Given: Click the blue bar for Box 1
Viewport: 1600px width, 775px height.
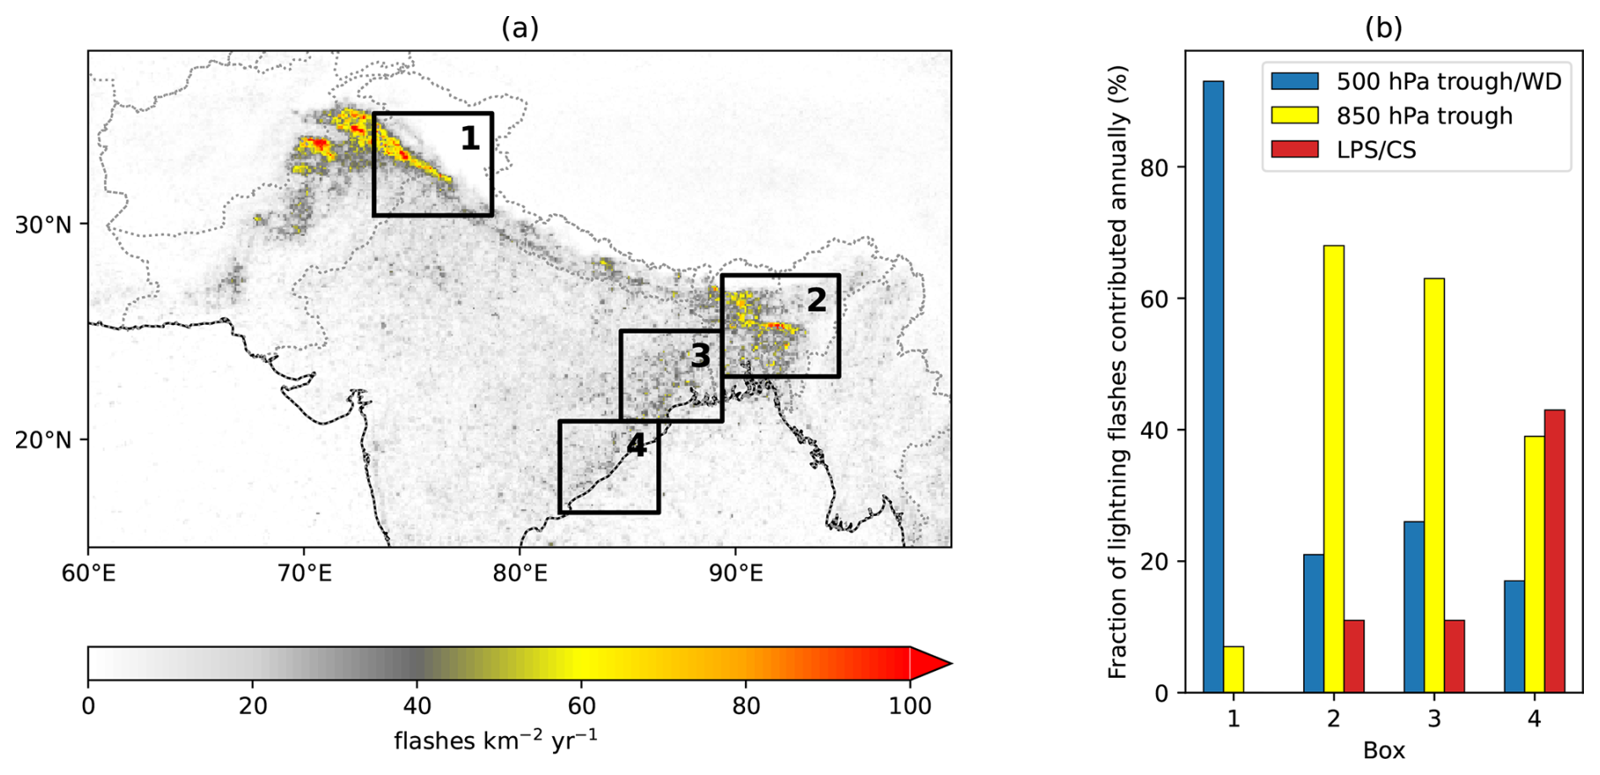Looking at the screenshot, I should [1214, 387].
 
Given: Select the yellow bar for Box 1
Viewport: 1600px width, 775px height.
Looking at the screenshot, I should [1234, 669].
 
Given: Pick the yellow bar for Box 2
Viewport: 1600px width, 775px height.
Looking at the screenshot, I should [1334, 469].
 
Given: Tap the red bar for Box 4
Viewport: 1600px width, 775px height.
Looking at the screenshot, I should [1554, 551].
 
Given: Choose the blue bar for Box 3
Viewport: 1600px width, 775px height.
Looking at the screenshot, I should [1414, 607].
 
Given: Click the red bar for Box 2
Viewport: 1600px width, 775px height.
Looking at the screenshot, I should [1354, 656].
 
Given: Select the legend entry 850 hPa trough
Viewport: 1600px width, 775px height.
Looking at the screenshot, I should [1424, 116].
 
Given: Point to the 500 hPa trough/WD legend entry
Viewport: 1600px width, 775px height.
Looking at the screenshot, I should [1448, 81].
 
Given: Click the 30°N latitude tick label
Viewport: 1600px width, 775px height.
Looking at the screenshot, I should [43, 225].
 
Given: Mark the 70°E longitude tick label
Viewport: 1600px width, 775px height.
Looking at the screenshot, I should [304, 574].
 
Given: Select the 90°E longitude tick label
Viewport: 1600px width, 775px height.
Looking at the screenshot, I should [736, 574].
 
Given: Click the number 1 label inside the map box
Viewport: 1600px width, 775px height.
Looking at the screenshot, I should [470, 139].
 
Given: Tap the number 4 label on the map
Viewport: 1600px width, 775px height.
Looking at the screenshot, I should [636, 445].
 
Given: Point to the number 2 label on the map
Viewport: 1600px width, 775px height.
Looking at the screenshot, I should [816, 300].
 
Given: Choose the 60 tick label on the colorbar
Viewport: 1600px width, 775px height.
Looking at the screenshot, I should [582, 706].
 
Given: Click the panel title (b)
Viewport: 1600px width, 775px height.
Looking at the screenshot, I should [1384, 28].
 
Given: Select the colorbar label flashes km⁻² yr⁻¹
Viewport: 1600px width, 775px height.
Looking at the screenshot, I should [496, 740].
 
